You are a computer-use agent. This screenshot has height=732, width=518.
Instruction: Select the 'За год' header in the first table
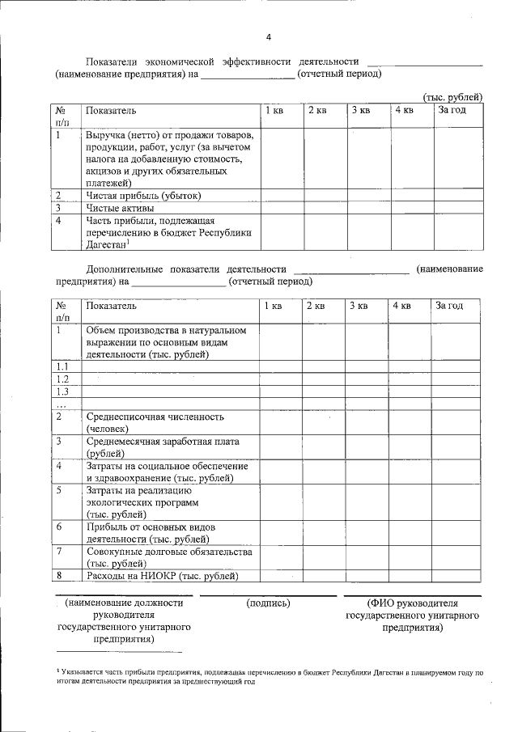[452, 110]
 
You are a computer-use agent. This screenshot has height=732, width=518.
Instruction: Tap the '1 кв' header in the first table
[274, 110]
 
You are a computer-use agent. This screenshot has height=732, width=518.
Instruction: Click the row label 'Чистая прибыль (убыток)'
[143, 196]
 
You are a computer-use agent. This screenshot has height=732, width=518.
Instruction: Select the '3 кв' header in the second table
[359, 306]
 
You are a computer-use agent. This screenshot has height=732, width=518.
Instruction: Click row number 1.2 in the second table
[62, 379]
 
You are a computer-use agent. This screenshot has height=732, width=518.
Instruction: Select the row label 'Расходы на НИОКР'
[162, 576]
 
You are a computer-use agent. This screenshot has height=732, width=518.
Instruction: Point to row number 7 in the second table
[59, 552]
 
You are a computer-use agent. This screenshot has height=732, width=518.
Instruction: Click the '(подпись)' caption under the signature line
[268, 603]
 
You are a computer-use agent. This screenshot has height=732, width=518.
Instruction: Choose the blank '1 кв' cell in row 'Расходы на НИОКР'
[280, 576]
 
